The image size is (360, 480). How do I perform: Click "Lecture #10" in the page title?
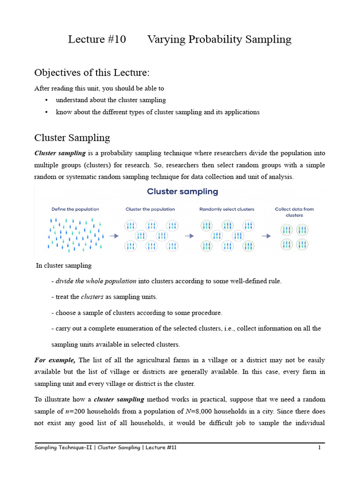coord(97,39)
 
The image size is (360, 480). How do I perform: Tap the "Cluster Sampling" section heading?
coord(72,137)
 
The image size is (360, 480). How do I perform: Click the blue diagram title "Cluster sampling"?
coord(182,191)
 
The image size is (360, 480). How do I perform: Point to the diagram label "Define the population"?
coord(75,209)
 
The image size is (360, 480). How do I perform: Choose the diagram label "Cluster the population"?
coord(150,209)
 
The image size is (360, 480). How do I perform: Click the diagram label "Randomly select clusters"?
coord(227,209)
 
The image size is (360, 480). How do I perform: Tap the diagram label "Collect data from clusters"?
coord(294,212)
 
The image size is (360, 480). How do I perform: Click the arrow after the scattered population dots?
coord(114,236)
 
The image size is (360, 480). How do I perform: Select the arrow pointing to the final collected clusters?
coord(266,236)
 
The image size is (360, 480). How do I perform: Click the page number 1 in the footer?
coord(319,448)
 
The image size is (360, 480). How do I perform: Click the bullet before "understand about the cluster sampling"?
coord(46,100)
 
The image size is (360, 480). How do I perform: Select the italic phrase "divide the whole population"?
coord(96,281)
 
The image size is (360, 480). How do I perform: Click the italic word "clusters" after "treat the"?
coord(92,297)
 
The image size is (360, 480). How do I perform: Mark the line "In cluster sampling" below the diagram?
coord(64,265)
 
